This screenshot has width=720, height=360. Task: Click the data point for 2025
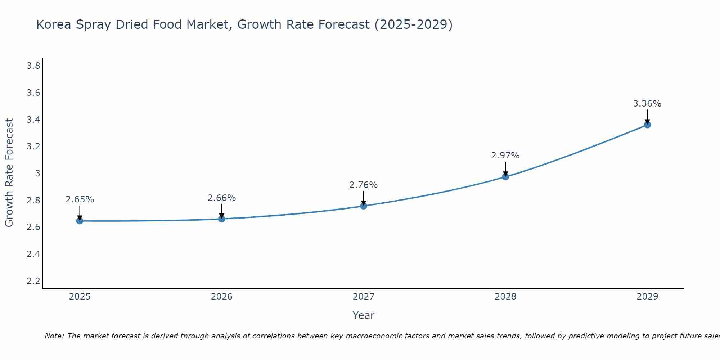80,221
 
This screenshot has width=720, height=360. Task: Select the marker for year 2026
221,219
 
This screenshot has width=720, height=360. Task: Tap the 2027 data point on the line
363,206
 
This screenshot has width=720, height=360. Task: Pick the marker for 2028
505,177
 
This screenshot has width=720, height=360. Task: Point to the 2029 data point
647,125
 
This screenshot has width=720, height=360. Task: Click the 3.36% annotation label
647,104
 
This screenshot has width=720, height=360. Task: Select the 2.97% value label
505,156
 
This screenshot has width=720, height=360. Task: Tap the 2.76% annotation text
363,185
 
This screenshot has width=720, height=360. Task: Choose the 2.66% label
221,198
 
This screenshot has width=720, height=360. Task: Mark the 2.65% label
80,199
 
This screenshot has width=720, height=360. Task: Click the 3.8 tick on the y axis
33,66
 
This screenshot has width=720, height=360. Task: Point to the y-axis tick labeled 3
37,174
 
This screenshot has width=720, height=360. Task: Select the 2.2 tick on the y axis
33,281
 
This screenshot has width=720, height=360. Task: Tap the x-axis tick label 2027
363,297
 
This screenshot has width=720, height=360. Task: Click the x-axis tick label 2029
647,297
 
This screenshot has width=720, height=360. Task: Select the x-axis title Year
363,315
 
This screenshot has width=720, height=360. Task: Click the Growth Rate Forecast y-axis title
9,173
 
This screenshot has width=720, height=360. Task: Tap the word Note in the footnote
54,336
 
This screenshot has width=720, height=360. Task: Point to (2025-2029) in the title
413,25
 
